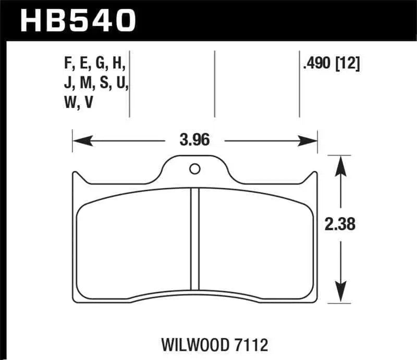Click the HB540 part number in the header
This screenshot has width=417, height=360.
(x=78, y=20)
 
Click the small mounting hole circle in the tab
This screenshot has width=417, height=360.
(x=195, y=169)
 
